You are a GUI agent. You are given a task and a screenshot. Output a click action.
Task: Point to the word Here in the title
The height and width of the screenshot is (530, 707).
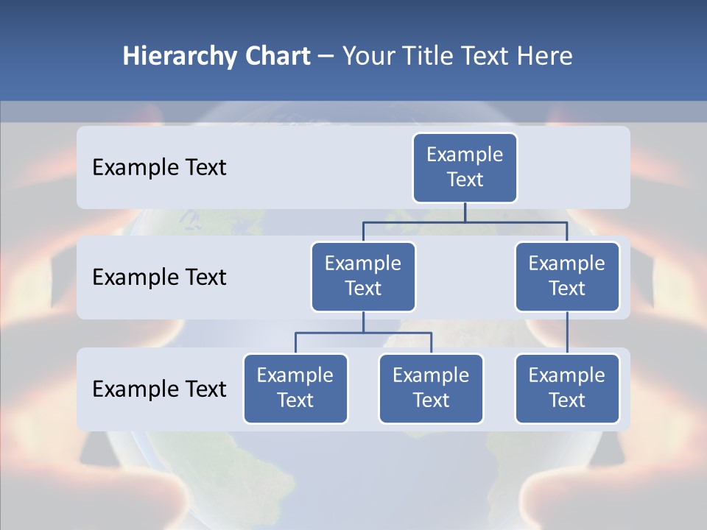pos(545,57)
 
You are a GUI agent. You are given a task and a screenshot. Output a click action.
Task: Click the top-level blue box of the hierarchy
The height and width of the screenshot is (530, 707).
pos(465,168)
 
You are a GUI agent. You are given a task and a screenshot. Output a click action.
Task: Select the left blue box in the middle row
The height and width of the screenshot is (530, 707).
pos(363,277)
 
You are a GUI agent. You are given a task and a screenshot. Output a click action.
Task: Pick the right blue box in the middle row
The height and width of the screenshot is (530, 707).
pos(567,277)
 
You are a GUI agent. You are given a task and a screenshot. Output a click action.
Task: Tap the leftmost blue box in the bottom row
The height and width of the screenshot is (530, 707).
pos(295,389)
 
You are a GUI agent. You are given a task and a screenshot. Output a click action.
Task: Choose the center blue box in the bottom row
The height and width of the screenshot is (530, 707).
pos(431,389)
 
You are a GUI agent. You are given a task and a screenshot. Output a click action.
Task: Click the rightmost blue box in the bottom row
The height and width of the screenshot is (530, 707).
pos(567,389)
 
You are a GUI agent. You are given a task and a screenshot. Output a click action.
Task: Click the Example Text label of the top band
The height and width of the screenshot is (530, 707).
pos(159,168)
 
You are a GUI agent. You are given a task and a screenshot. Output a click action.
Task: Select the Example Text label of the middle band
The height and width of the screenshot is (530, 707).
pos(159,278)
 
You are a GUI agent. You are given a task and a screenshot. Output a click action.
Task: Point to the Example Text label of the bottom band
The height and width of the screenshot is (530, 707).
pos(159,389)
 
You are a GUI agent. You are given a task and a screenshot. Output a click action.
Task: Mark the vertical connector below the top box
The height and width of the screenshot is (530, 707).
pos(465,212)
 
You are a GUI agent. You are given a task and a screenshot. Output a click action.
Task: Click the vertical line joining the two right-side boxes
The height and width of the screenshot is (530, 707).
pos(567,333)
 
